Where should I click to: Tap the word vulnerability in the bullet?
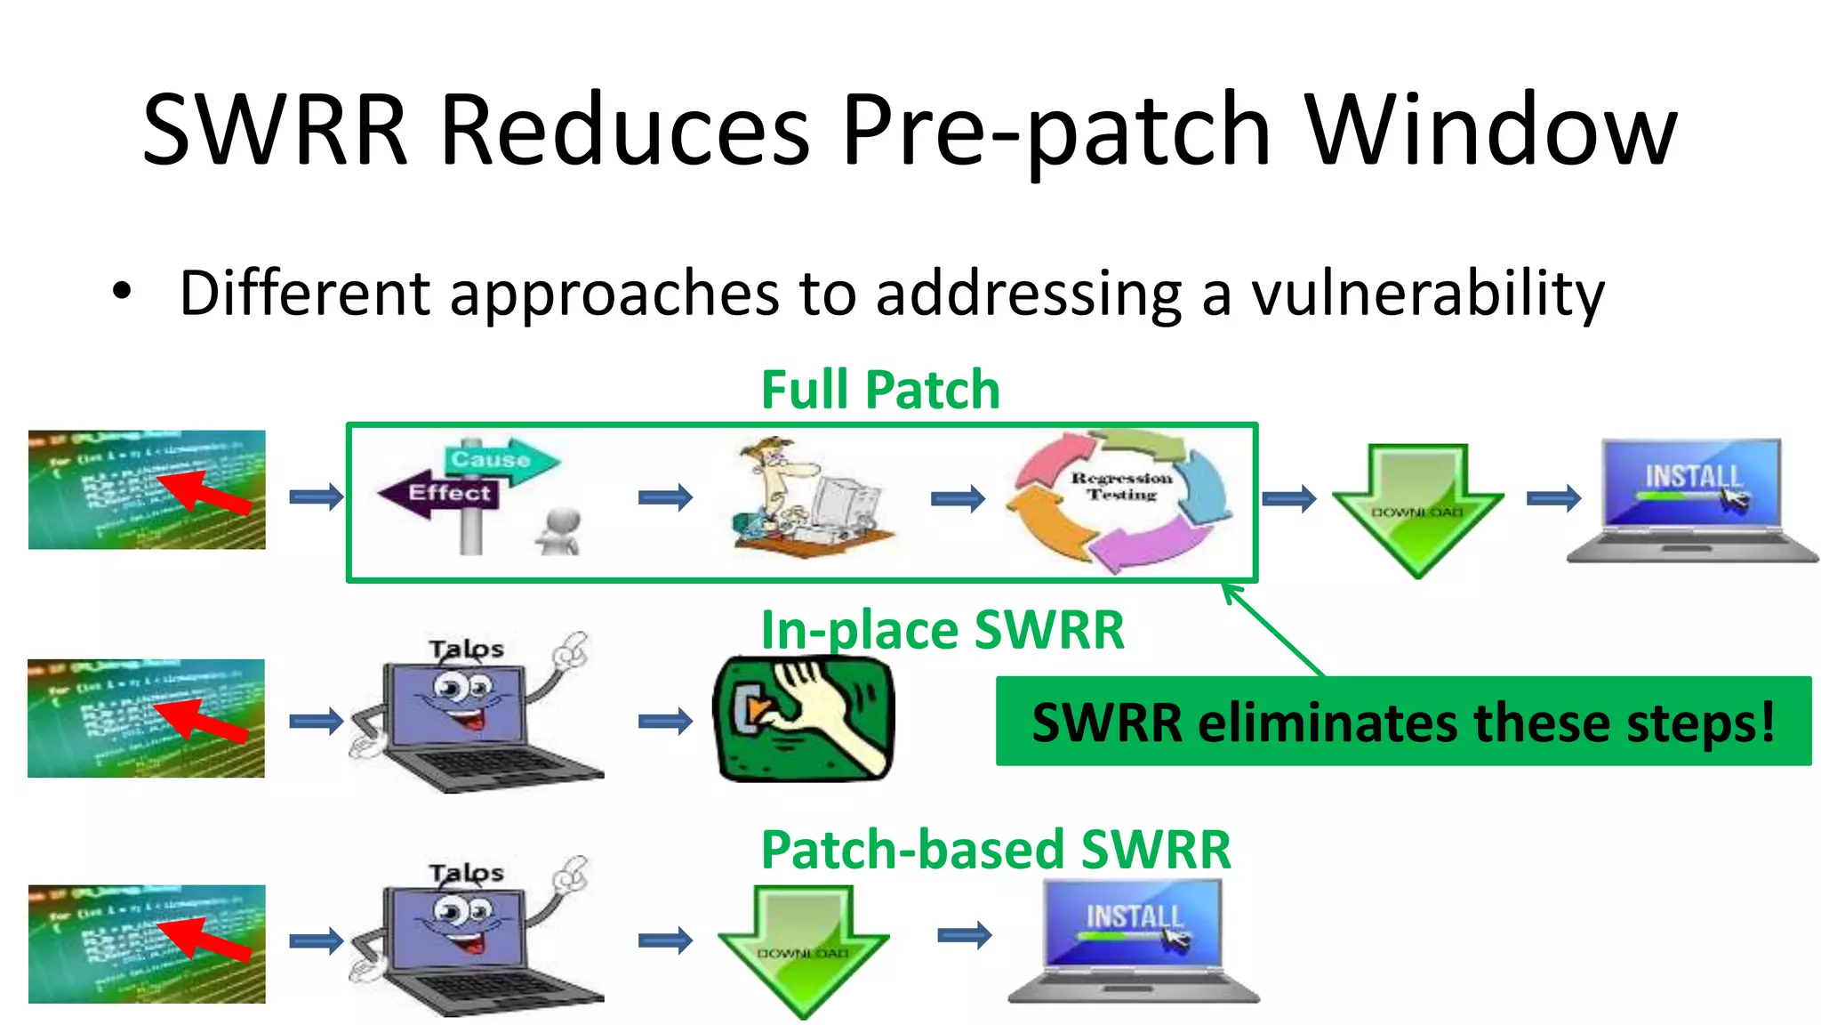(1427, 294)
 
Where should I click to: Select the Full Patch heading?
(880, 390)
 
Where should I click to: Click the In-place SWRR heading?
(943, 630)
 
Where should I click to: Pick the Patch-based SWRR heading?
(996, 850)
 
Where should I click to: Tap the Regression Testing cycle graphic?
(1120, 498)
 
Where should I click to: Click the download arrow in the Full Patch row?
(1417, 507)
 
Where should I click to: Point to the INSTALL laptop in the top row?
(1691, 500)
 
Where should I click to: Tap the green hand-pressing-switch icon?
(804, 719)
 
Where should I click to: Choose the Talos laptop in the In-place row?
(476, 716)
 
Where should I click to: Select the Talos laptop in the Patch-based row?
(476, 939)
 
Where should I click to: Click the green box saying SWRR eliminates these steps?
(1402, 722)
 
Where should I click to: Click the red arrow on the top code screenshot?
(205, 492)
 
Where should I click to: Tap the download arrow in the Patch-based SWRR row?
(803, 948)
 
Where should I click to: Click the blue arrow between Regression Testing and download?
(1288, 498)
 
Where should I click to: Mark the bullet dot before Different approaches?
(122, 291)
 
